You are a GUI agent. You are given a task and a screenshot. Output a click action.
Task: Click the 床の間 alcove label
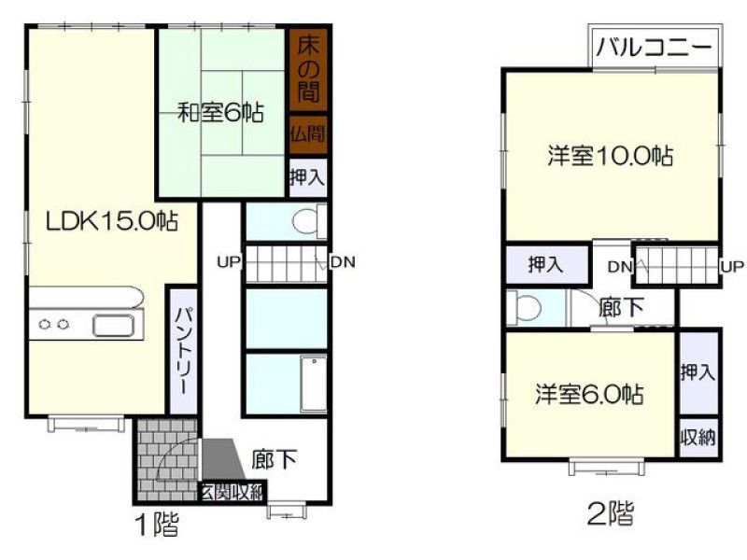pos(308,68)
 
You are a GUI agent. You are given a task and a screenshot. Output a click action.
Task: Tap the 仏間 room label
pos(308,134)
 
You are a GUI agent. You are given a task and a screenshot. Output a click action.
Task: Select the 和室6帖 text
pos(220,113)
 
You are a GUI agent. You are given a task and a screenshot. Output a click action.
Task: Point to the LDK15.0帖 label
pos(112,221)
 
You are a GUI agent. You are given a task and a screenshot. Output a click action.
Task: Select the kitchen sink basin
pos(113,326)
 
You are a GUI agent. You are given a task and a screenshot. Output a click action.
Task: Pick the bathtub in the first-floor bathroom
pos(314,384)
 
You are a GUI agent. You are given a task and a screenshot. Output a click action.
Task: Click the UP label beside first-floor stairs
pos(229,262)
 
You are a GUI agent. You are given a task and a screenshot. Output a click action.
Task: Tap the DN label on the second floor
pos(619,267)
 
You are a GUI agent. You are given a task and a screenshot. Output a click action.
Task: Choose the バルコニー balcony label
pos(655,48)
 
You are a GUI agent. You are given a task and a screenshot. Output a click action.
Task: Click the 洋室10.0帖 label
pos(611,155)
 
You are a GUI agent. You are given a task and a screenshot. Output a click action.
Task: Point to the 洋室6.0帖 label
pos(589,394)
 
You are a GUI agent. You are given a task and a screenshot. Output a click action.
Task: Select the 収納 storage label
pos(698,437)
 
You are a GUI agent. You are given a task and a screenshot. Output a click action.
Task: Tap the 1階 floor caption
pos(158,525)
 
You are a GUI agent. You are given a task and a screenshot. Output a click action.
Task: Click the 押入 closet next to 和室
pos(308,177)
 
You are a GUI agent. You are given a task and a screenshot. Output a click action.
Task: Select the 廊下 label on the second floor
pos(621,308)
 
